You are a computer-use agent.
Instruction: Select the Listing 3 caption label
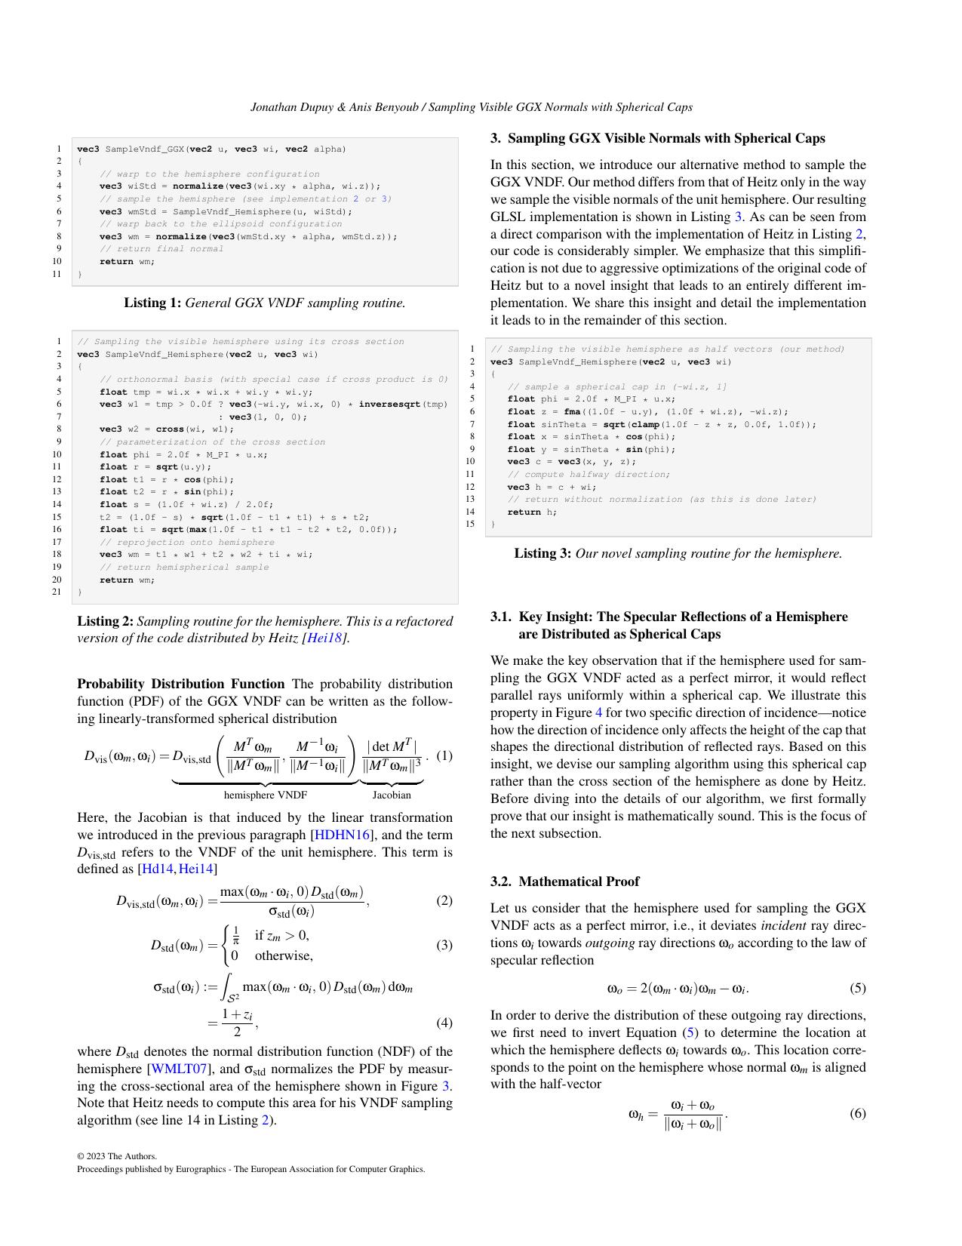point(542,554)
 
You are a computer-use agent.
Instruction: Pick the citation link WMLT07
point(177,1069)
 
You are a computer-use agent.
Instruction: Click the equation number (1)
point(444,755)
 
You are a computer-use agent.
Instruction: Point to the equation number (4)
point(444,1023)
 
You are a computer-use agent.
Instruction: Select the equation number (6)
point(858,1113)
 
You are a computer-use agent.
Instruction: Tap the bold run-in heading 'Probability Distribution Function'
point(181,685)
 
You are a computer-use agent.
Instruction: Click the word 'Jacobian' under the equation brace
point(392,795)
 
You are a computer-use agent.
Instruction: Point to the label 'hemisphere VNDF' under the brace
point(265,795)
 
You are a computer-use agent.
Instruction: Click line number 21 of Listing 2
point(57,592)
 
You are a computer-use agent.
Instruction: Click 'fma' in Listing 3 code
point(572,412)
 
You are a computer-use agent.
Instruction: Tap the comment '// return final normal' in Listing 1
point(161,249)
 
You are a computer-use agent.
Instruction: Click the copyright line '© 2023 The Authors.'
point(117,1156)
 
